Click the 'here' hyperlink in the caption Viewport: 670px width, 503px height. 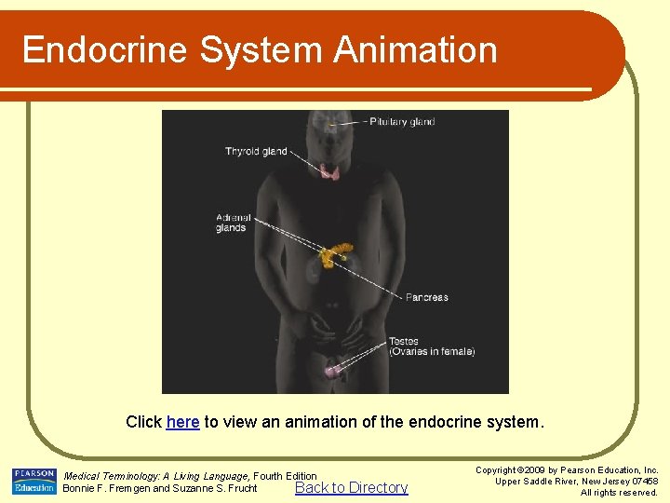coord(182,422)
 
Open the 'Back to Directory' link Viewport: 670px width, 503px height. coord(351,487)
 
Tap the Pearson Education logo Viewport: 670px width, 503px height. coord(33,482)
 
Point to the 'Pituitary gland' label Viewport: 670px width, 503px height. coord(403,122)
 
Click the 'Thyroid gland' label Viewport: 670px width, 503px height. coord(256,152)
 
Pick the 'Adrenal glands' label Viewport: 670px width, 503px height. coord(231,223)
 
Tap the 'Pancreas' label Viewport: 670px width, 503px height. coord(426,297)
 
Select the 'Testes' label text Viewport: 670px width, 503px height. coord(404,341)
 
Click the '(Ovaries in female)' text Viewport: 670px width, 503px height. coord(432,352)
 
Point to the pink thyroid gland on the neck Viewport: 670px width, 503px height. coord(329,171)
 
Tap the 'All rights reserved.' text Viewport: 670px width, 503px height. coord(619,493)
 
